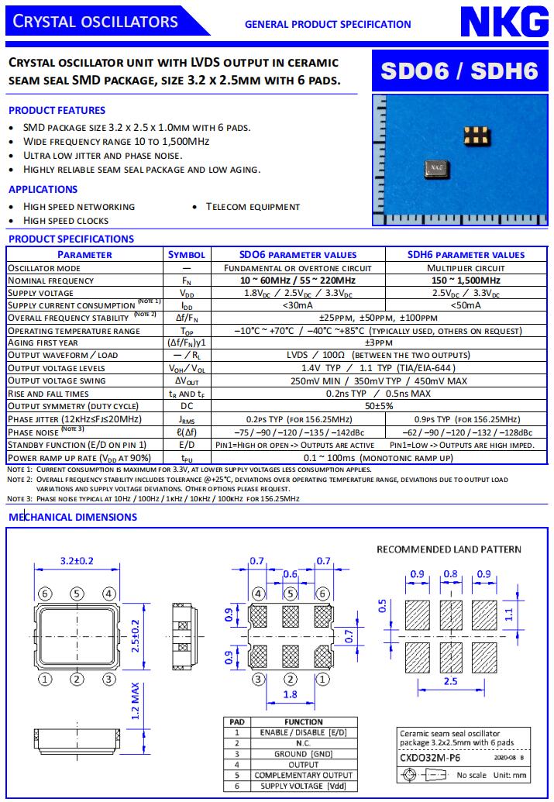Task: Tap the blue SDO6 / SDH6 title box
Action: coord(459,71)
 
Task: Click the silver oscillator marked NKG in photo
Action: coord(438,167)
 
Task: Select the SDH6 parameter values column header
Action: coord(466,254)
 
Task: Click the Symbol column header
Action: coord(187,254)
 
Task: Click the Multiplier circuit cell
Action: coord(466,267)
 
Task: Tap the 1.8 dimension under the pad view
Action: coord(290,695)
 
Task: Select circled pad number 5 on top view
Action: coord(77,594)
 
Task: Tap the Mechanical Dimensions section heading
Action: coord(72,517)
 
